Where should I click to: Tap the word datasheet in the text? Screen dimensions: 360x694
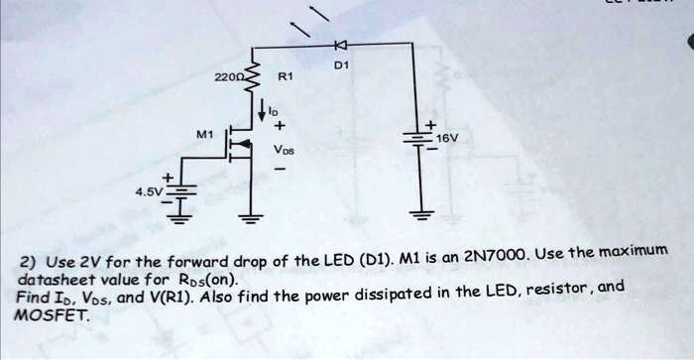[56, 281]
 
